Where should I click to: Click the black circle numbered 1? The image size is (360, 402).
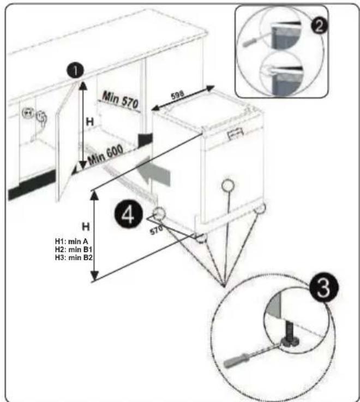coord(75,71)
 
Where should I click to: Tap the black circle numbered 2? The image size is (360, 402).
coord(319,26)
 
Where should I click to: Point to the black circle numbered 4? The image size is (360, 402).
coord(128,215)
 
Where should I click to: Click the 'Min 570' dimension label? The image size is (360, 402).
coord(120,100)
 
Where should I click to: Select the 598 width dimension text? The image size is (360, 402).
coord(178,95)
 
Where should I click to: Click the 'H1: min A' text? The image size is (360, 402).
coord(71,241)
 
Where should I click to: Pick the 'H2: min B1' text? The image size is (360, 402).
coord(74,249)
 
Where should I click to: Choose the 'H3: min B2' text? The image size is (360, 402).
coord(74,257)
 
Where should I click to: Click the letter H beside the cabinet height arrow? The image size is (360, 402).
coord(90,122)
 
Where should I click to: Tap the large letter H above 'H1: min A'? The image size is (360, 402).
coord(86,227)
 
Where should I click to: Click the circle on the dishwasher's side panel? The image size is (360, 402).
coord(227,185)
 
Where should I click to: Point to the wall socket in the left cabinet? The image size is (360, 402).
coord(27,113)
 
